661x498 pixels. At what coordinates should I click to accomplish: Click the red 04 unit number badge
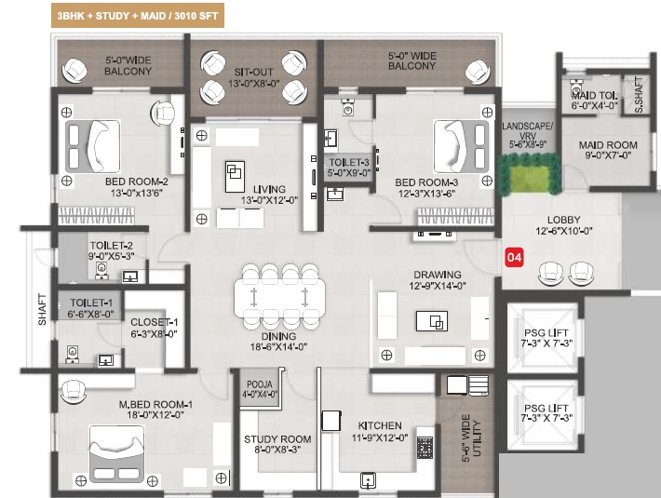514,257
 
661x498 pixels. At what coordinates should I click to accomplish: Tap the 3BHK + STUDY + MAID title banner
138,16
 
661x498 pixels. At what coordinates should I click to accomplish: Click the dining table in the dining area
279,297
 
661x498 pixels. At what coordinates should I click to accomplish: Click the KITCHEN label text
380,425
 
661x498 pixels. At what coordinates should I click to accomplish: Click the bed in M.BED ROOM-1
116,453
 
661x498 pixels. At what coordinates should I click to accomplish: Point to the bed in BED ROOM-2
93,146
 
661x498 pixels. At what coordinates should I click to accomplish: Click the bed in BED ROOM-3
461,146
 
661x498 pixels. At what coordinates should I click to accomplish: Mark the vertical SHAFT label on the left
42,309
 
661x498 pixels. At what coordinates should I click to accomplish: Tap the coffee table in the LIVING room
235,177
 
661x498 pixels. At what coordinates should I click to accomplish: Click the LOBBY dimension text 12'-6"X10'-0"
564,231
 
